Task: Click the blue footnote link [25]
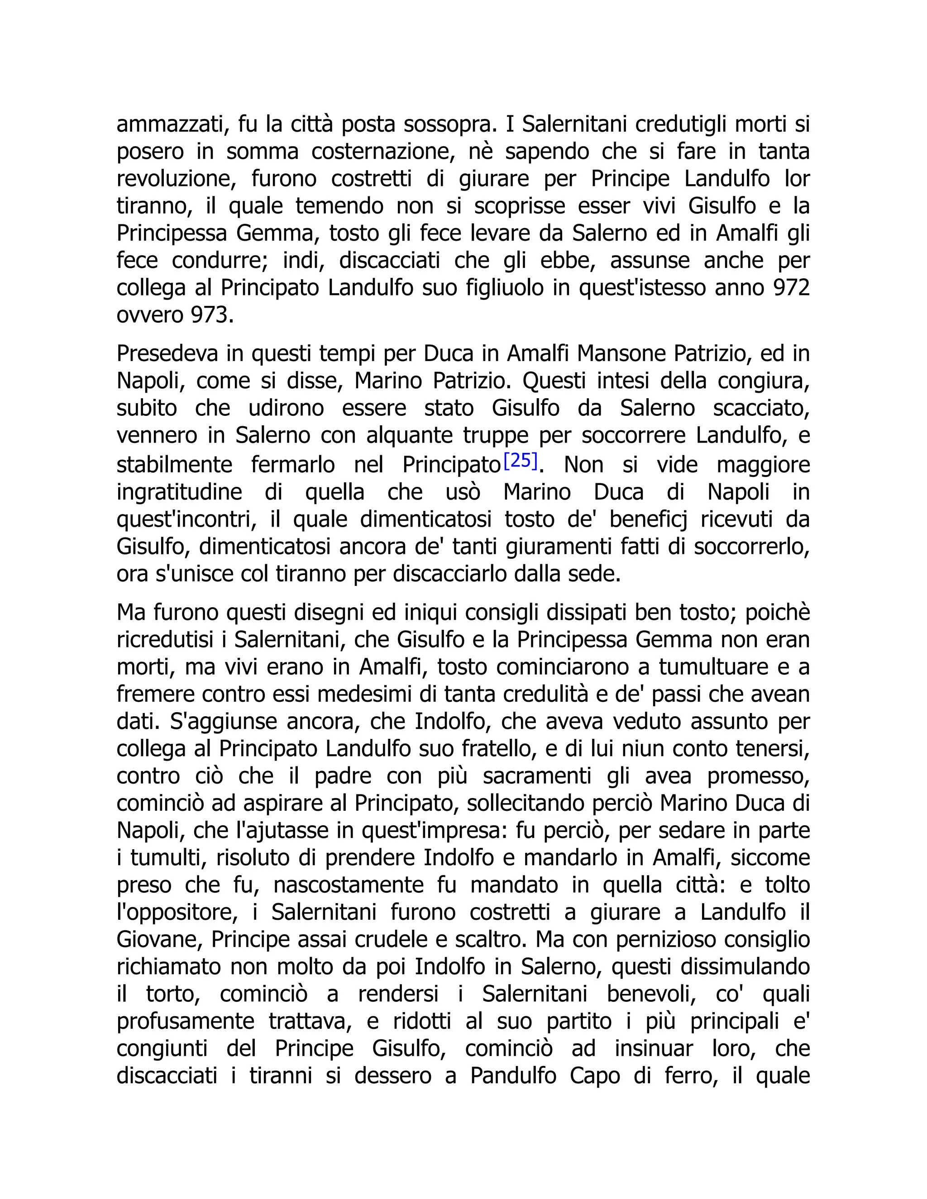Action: pyautogui.click(x=520, y=460)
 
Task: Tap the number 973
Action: pyautogui.click(x=209, y=315)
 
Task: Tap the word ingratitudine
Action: pyautogui.click(x=179, y=492)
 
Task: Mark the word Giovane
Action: pyautogui.click(x=160, y=939)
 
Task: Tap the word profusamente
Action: pyautogui.click(x=185, y=1021)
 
